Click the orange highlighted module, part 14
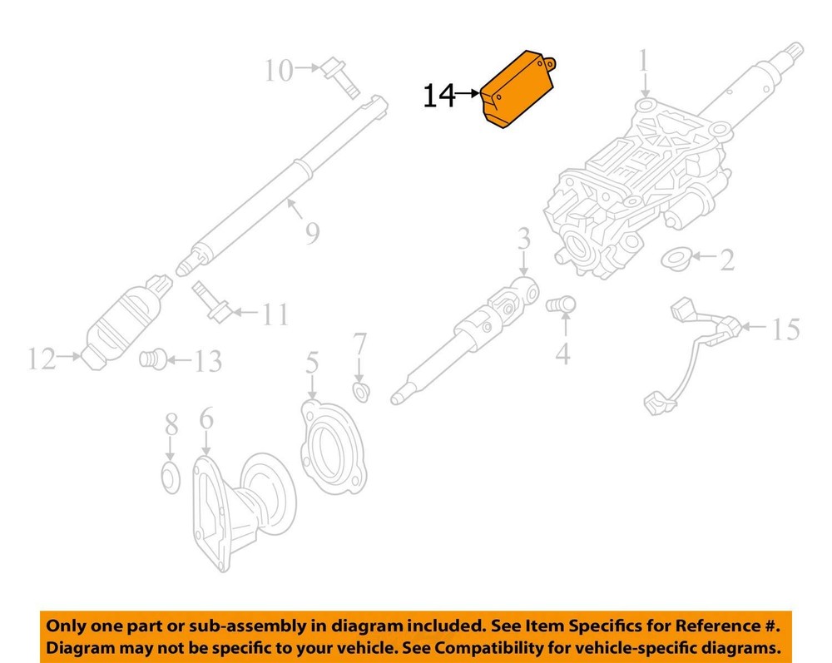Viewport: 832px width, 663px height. click(518, 90)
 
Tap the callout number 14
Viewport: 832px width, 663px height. click(438, 96)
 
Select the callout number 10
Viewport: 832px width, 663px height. click(279, 70)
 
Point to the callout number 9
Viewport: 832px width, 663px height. click(312, 234)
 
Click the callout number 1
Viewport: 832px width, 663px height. click(644, 61)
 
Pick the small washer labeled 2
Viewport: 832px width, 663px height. click(676, 259)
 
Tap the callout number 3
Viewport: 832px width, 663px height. click(523, 239)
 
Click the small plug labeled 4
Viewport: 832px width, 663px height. click(561, 305)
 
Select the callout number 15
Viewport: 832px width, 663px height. click(786, 329)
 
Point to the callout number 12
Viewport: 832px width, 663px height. click(42, 359)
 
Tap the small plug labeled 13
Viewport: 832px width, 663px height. click(153, 359)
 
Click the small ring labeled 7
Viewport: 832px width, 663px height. click(361, 393)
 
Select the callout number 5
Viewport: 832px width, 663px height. click(312, 363)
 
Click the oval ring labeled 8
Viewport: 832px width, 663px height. click(171, 477)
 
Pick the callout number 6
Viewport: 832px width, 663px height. click(206, 419)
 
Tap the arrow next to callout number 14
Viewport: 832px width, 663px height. click(468, 94)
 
